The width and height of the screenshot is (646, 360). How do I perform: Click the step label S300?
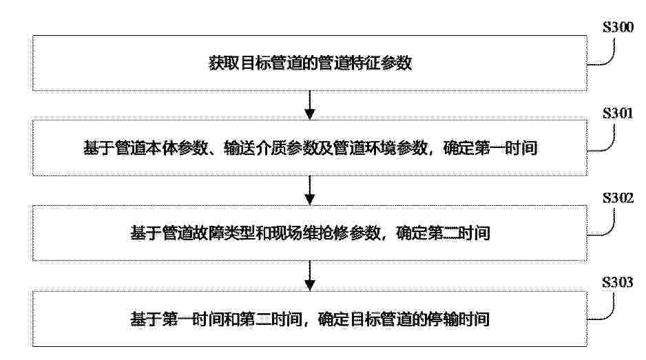[618, 27]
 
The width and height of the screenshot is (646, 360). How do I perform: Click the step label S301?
[618, 113]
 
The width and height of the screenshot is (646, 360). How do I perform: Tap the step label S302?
[618, 198]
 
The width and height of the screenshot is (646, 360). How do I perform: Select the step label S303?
[618, 282]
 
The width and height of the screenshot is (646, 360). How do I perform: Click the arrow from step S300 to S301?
[310, 105]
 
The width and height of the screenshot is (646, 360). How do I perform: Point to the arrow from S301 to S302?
[310, 190]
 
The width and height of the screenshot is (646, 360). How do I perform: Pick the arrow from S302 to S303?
[310, 275]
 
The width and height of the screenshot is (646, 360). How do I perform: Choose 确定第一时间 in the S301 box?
[490, 148]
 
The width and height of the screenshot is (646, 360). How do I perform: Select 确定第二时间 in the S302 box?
[443, 233]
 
